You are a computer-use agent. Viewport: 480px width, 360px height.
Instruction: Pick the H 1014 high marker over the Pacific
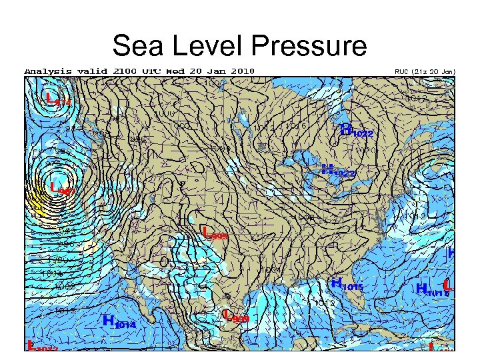(120, 321)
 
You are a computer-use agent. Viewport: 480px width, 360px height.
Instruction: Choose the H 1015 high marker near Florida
(347, 284)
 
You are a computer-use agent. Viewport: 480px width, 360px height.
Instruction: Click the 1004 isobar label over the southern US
(269, 269)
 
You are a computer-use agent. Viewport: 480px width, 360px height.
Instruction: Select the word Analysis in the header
(47, 71)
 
